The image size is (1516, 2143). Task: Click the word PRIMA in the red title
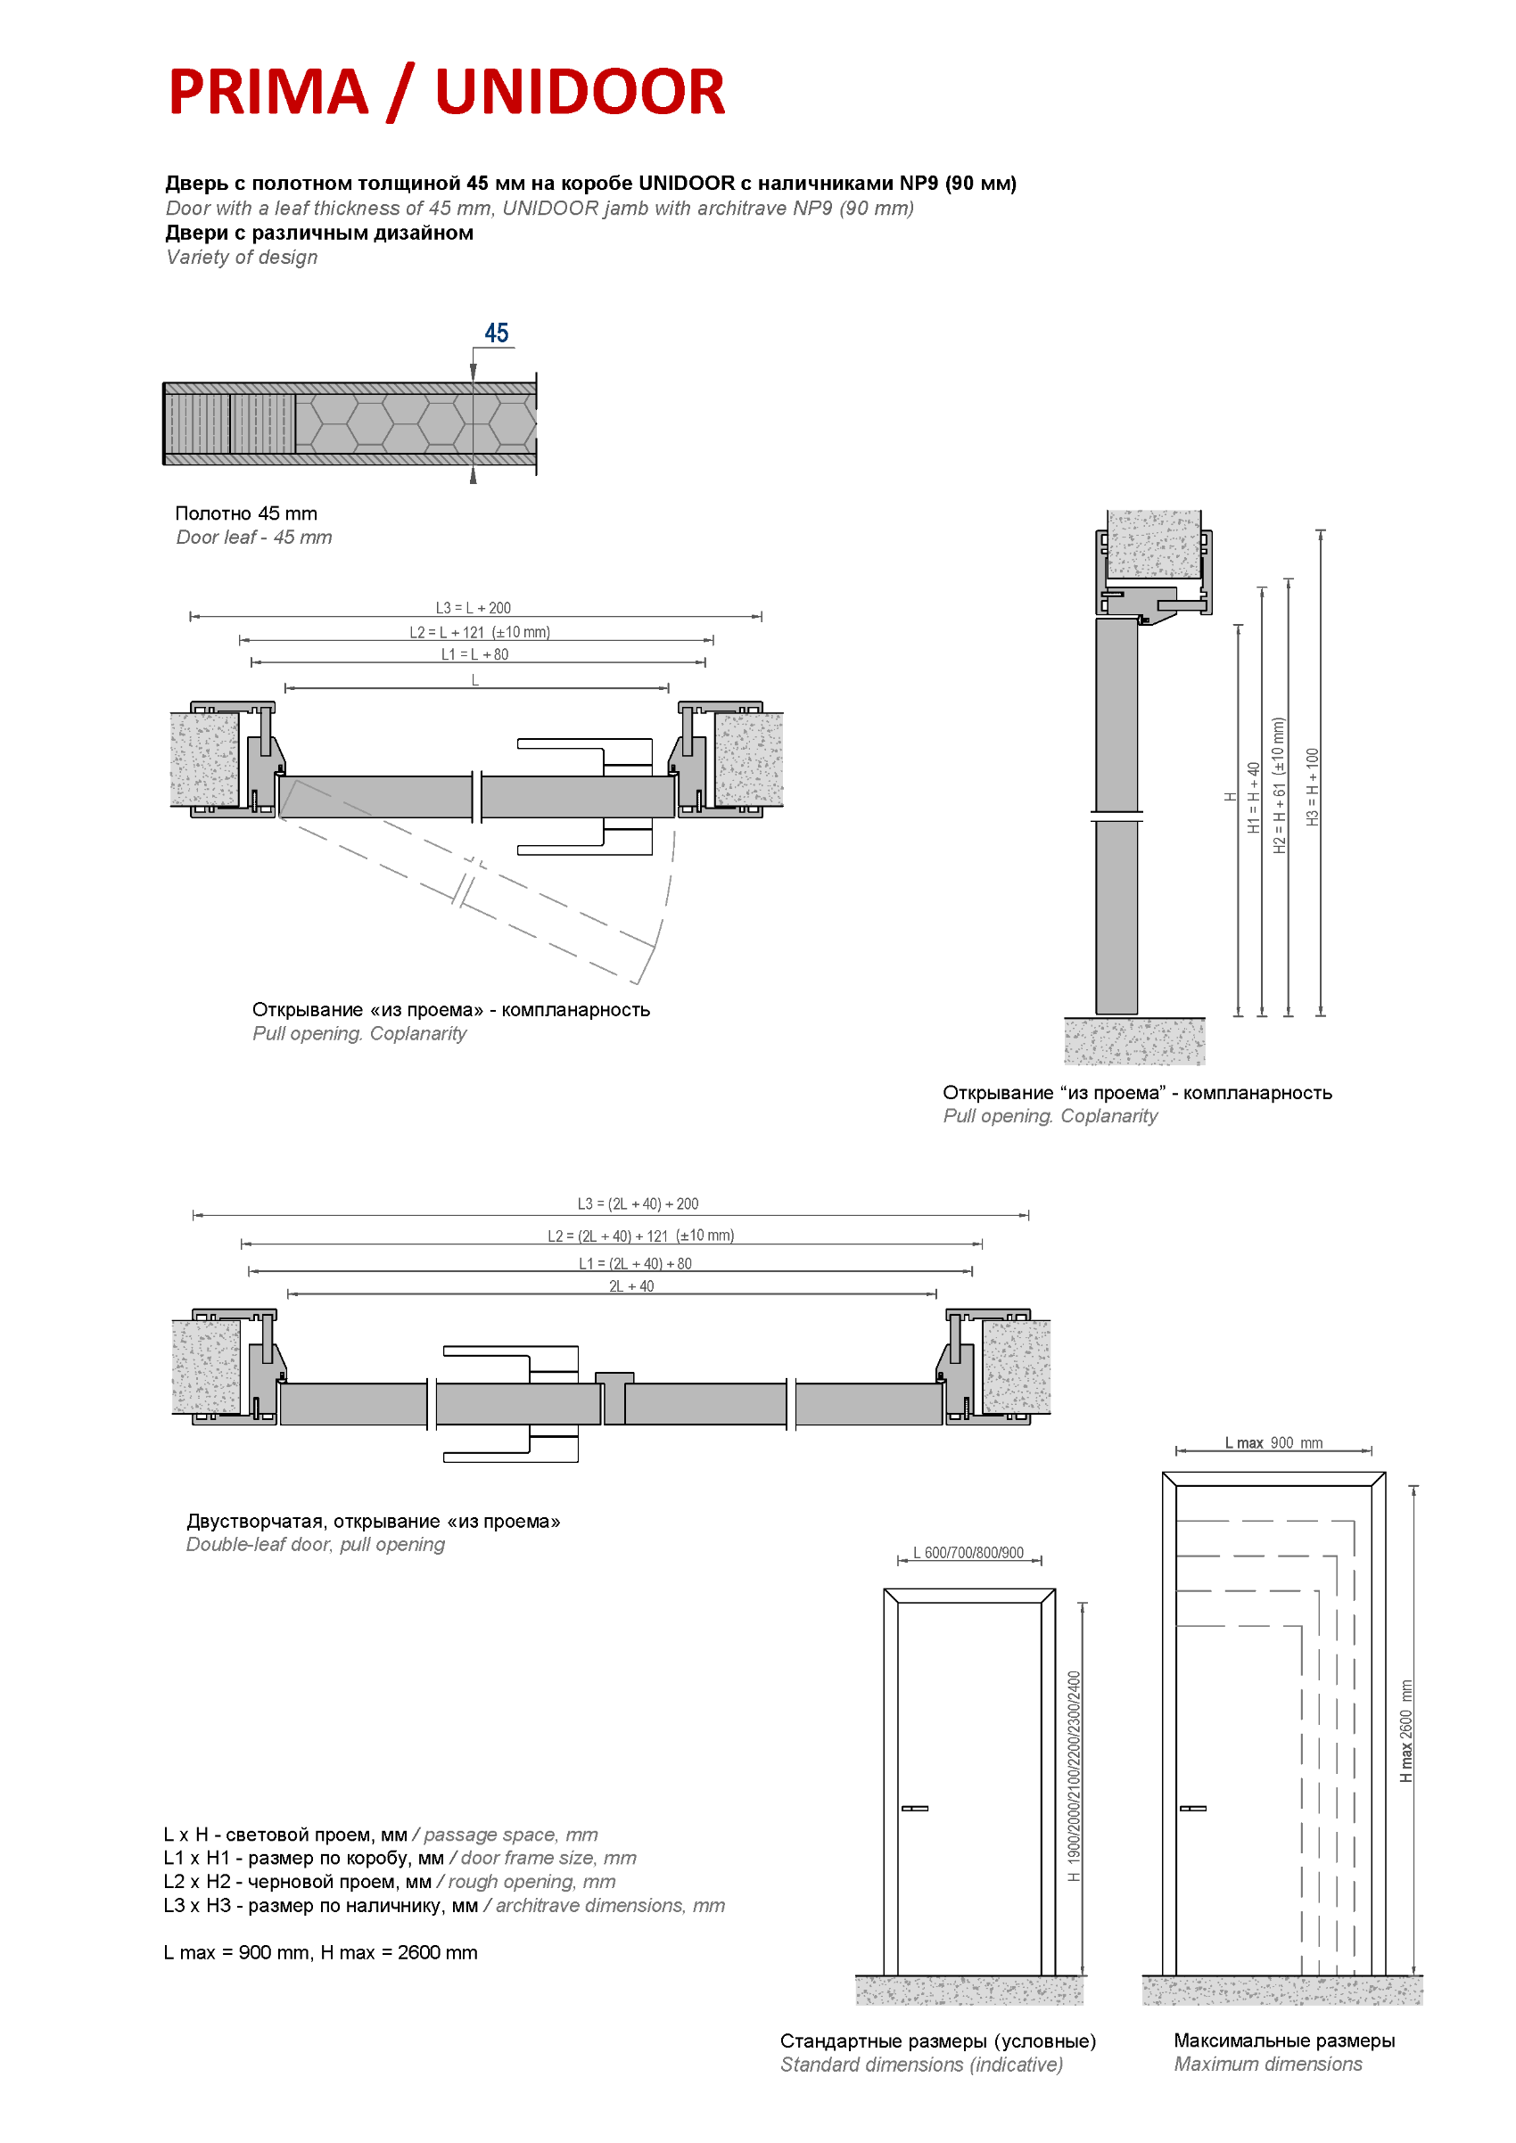click(x=268, y=93)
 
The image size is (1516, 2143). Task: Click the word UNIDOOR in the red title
click(x=580, y=93)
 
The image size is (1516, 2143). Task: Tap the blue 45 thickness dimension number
click(x=496, y=333)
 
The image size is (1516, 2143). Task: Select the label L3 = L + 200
click(x=474, y=608)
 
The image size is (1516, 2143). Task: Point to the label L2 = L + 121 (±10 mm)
click(x=480, y=632)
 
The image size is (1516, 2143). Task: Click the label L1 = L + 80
click(x=475, y=654)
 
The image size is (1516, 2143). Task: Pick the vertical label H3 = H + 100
click(x=1313, y=787)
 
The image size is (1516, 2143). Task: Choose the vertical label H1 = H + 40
click(x=1254, y=797)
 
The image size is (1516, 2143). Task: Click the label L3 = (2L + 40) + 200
click(x=638, y=1204)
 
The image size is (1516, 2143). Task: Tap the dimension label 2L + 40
click(x=631, y=1286)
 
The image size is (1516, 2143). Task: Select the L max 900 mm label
click(x=1273, y=1443)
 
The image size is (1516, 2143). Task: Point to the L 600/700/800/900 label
click(x=968, y=1553)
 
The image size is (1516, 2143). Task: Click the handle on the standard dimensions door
click(x=915, y=1809)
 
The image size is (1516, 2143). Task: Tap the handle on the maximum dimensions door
click(x=1193, y=1809)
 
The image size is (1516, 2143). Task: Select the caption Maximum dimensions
click(x=1268, y=2065)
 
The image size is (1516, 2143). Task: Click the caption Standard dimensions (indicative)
click(x=921, y=2065)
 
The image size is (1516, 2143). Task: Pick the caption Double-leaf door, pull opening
click(x=316, y=1545)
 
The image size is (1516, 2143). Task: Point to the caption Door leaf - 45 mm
click(x=254, y=538)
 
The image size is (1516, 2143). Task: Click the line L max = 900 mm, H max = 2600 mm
click(x=320, y=1952)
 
